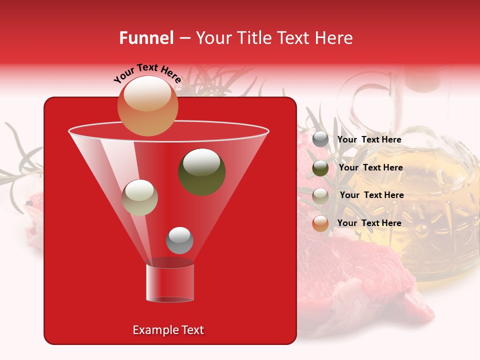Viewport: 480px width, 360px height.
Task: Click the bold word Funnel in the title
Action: coord(146,38)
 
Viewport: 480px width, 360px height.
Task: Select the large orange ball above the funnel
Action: coord(147,105)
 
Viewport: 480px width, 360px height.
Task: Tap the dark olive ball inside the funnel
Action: coord(202,171)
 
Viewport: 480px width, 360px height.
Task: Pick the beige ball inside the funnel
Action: coord(139,197)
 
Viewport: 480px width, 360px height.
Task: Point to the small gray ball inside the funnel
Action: coord(179,240)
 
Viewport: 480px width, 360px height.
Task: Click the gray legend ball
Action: coord(320,139)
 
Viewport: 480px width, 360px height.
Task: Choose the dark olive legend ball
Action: coord(320,168)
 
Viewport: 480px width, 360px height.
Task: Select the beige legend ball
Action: coord(320,195)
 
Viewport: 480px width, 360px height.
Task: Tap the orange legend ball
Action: coord(320,223)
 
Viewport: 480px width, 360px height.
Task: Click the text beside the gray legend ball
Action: coord(369,139)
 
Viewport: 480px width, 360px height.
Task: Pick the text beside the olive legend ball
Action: coord(370,167)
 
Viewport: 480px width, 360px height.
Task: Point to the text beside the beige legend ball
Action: coord(371,195)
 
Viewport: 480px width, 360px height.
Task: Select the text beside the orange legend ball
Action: coord(369,223)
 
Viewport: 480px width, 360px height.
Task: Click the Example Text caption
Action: coord(168,330)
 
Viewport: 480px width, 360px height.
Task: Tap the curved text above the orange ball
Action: coord(147,73)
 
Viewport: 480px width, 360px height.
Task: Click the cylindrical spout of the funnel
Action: coord(170,282)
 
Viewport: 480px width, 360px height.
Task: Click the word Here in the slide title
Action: coord(334,38)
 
